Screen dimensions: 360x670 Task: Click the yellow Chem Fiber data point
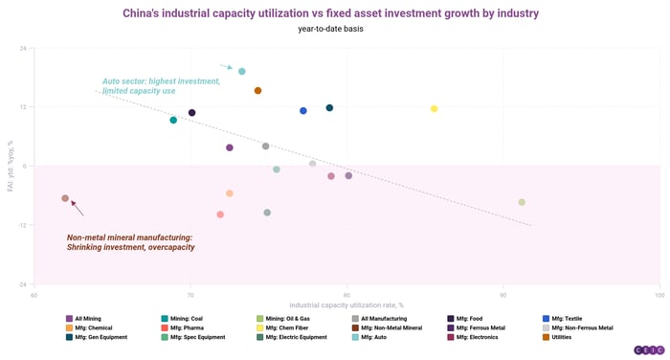point(434,109)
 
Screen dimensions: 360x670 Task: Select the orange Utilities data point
point(257,91)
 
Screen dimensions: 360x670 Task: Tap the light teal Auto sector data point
point(242,72)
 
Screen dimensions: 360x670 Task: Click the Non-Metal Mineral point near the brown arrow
point(65,198)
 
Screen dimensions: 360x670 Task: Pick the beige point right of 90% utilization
point(522,202)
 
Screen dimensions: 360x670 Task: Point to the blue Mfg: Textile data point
point(303,111)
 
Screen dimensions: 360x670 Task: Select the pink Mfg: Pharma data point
point(220,214)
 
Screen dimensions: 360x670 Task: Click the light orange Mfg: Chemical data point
point(230,193)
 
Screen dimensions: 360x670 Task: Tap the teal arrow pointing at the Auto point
point(226,67)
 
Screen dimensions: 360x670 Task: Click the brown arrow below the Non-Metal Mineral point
point(78,208)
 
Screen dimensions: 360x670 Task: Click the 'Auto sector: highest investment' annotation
point(161,81)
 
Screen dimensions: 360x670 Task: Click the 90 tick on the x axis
point(503,295)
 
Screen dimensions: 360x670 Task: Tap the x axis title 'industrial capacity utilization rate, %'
point(346,304)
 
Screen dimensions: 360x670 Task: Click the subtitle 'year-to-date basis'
point(330,29)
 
